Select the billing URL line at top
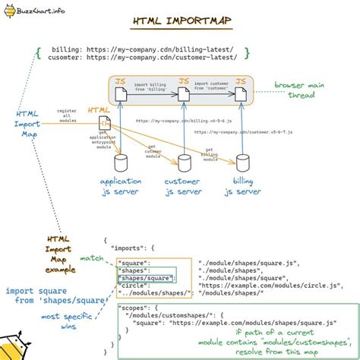coord(141,47)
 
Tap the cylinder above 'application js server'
coord(120,163)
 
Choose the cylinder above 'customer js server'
coord(182,163)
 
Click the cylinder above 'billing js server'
coord(242,163)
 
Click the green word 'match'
coord(91,259)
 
